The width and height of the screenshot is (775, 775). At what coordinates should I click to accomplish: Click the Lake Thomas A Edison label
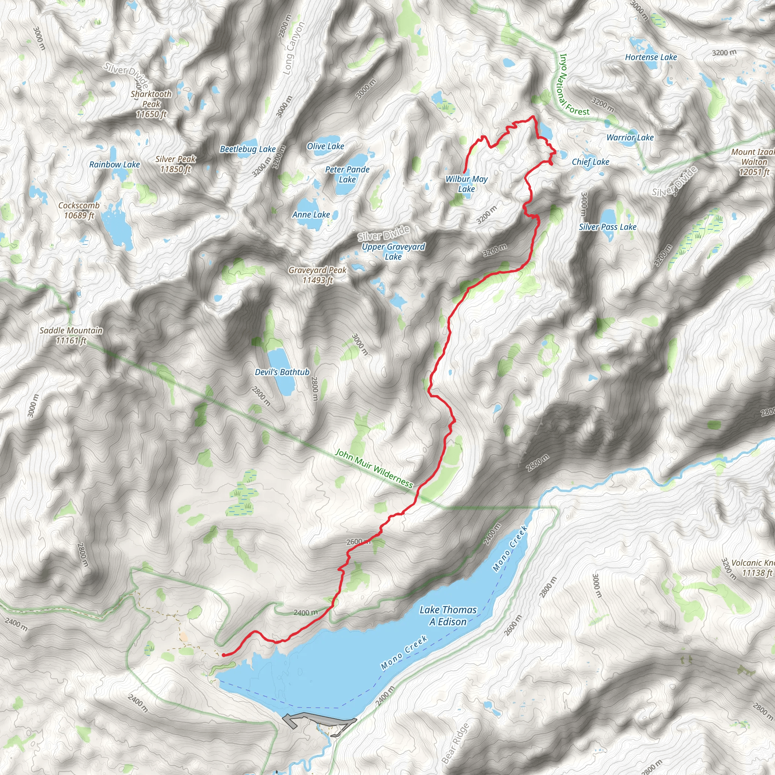tap(448, 615)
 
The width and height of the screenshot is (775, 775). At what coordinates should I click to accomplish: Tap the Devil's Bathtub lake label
tap(282, 372)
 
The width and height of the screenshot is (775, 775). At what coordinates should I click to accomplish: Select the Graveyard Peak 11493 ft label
tap(317, 275)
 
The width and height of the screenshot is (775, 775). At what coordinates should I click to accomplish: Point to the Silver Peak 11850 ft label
tap(175, 164)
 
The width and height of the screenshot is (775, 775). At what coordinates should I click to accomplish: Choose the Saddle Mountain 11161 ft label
tap(71, 335)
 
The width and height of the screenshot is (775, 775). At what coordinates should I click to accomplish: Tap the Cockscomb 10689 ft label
tap(79, 210)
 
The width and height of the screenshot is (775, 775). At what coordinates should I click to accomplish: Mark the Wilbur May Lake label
tap(467, 184)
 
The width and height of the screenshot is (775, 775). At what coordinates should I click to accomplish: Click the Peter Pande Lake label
tap(347, 174)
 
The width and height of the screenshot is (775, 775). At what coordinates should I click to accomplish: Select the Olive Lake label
tap(325, 146)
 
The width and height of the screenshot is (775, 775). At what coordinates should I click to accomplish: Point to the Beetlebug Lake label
tap(247, 149)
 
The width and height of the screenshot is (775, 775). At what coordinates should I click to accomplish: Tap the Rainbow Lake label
tap(114, 165)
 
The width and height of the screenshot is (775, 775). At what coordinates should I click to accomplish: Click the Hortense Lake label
tap(651, 58)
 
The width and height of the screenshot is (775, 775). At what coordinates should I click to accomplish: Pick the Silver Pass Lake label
tap(607, 227)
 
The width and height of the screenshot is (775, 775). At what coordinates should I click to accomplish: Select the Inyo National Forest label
tap(574, 85)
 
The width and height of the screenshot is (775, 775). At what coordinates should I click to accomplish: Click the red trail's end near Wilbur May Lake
tap(464, 173)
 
